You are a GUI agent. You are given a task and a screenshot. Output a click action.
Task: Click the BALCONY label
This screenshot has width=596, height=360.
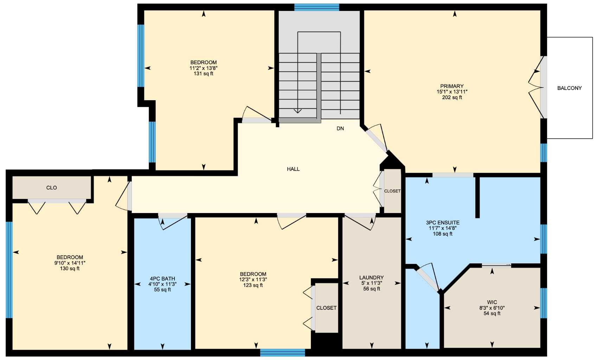569,88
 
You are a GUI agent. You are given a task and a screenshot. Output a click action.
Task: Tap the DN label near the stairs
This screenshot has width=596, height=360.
340,129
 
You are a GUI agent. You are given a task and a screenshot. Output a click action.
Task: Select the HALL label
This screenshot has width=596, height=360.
293,169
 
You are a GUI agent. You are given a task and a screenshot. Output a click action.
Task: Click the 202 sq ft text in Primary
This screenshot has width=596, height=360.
452,97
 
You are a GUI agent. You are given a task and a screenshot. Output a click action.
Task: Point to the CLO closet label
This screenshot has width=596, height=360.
51,188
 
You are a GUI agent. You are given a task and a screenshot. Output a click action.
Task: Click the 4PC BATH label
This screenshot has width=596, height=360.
162,279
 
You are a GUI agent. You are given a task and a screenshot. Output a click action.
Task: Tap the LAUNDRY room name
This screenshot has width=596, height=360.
371,278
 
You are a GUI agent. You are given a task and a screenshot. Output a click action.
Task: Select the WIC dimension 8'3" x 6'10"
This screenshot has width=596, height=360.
492,308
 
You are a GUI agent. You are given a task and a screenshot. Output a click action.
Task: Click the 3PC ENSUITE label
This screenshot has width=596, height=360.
442,223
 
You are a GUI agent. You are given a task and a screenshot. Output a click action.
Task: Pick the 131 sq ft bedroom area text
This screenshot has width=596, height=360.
203,74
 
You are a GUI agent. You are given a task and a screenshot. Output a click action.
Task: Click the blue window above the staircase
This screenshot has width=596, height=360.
316,7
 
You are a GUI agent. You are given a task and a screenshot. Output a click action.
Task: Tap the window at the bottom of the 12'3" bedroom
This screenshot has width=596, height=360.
282,352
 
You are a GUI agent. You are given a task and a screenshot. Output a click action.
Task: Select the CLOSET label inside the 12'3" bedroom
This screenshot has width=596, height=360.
326,308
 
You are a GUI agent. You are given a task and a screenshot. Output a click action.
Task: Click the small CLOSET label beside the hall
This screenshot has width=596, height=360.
392,191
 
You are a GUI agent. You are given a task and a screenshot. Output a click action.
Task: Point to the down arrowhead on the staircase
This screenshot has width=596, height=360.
297,111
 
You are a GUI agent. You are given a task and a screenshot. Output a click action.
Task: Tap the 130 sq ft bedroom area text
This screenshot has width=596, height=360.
70,269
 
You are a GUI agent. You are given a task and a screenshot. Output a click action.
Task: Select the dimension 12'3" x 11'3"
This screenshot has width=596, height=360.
253,280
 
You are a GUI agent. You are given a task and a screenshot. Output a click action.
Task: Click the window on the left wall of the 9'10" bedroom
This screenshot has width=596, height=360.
9,270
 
